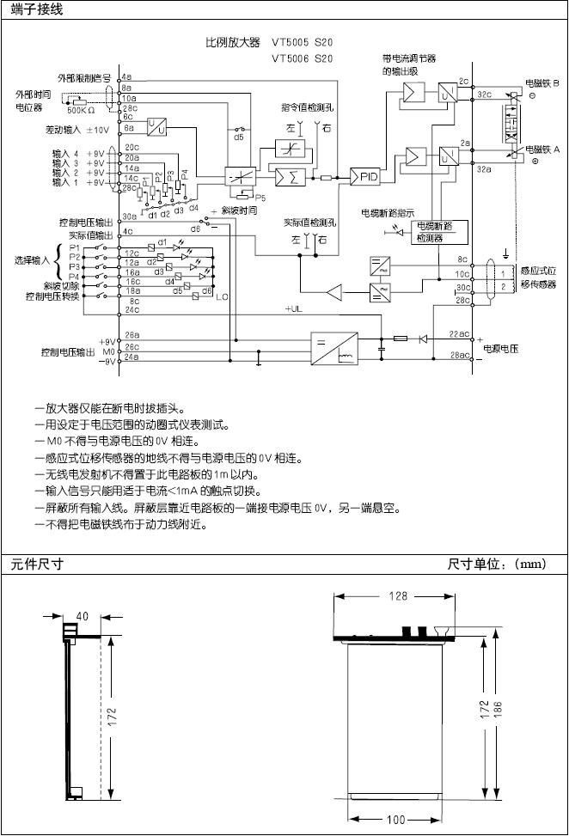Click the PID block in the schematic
[x=369, y=177]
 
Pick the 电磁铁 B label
[x=542, y=84]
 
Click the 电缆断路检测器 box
[x=437, y=232]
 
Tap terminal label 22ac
[x=460, y=333]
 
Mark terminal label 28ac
[x=460, y=355]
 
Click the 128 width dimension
[x=396, y=597]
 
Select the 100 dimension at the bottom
[x=396, y=819]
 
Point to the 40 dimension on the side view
[x=83, y=615]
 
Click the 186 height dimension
[x=498, y=709]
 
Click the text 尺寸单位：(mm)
[x=497, y=564]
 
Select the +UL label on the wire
[x=294, y=308]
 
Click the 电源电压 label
[x=503, y=348]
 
